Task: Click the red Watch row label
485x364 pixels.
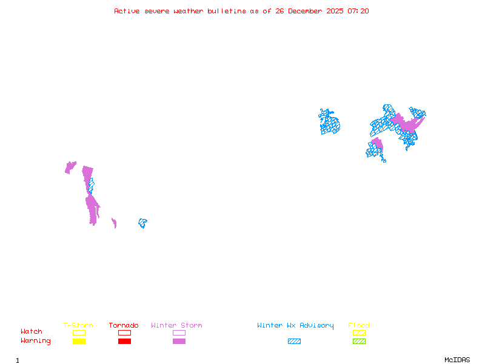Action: pyautogui.click(x=32, y=332)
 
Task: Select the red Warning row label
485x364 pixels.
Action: pyautogui.click(x=36, y=341)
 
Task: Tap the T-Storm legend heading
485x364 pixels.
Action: pyautogui.click(x=78, y=325)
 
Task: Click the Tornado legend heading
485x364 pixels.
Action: pyautogui.click(x=124, y=325)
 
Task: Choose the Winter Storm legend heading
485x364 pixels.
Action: pyautogui.click(x=176, y=325)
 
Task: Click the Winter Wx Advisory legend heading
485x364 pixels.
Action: pyautogui.click(x=295, y=325)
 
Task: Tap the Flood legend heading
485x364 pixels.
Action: pyautogui.click(x=359, y=325)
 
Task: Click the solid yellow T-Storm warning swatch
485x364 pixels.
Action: pyautogui.click(x=79, y=341)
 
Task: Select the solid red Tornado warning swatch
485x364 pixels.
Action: pyautogui.click(x=124, y=341)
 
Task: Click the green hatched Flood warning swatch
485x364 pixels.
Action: pyautogui.click(x=359, y=341)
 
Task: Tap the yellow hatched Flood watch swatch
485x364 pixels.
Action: pyautogui.click(x=359, y=332)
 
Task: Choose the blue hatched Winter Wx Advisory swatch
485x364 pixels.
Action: pyautogui.click(x=294, y=341)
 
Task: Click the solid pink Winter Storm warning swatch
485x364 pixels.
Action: pyautogui.click(x=179, y=341)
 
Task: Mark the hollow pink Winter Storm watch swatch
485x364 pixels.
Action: pyautogui.click(x=179, y=332)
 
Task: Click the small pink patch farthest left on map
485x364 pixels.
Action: pyautogui.click(x=70, y=167)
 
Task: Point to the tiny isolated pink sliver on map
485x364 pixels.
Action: pyautogui.click(x=114, y=223)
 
